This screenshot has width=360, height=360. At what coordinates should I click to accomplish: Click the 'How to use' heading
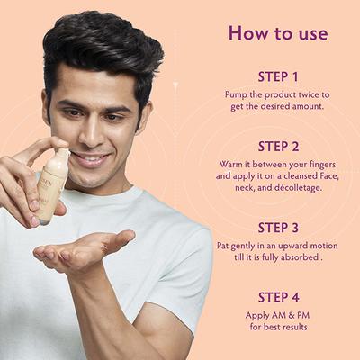click(x=271, y=33)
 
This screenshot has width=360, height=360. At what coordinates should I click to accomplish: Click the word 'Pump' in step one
click(x=238, y=94)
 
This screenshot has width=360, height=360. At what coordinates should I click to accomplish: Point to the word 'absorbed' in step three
click(x=297, y=258)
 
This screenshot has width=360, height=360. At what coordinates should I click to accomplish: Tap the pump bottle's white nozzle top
click(x=58, y=159)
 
